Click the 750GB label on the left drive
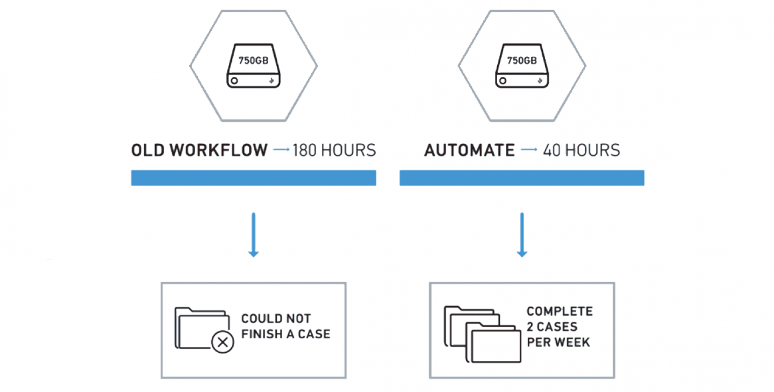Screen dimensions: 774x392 [x=253, y=60]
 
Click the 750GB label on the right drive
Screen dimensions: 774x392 [x=522, y=60]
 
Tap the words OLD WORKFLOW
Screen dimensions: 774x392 [x=199, y=150]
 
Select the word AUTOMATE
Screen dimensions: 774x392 [x=470, y=150]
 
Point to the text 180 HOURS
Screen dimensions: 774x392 [x=334, y=150]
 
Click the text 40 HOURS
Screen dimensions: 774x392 [x=582, y=150]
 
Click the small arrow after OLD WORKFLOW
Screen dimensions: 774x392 [x=281, y=149]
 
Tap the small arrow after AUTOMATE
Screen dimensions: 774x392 [x=529, y=149]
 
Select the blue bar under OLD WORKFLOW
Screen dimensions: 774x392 [x=254, y=178]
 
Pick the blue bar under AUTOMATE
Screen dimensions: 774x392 [x=522, y=178]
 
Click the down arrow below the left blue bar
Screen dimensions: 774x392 [x=254, y=235]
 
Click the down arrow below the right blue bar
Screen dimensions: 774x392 [x=522, y=235]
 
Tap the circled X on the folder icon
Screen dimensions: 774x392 [x=223, y=342]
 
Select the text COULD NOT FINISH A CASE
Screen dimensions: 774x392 [x=286, y=326]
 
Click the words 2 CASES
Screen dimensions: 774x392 [x=552, y=327]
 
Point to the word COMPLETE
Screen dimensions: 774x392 [x=560, y=311]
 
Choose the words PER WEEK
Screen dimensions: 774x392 [x=558, y=342]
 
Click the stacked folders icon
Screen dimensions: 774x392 [x=482, y=334]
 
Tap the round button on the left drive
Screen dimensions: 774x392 [x=234, y=81]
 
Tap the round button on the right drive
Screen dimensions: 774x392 [x=503, y=81]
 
